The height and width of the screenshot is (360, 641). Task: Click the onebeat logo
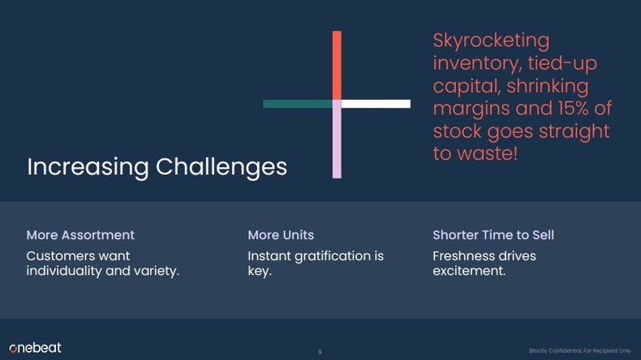(x=35, y=348)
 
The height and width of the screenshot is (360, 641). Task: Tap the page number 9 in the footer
(x=320, y=352)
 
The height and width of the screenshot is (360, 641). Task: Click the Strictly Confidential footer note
(x=579, y=350)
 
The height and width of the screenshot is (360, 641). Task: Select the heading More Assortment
(x=80, y=235)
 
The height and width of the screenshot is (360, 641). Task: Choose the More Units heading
(x=281, y=235)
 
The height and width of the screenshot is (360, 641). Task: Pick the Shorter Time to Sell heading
(x=493, y=235)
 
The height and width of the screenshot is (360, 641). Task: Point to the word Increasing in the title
(x=88, y=167)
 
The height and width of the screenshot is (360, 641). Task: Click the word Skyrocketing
(x=491, y=41)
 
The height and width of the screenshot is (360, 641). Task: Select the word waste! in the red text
(x=486, y=153)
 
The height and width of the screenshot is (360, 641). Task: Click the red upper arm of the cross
(x=337, y=65)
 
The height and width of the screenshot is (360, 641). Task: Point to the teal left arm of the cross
(x=297, y=104)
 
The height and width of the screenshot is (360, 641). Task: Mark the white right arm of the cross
(x=376, y=104)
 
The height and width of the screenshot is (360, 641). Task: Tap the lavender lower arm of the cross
(x=337, y=143)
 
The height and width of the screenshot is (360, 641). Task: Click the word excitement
(x=469, y=271)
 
